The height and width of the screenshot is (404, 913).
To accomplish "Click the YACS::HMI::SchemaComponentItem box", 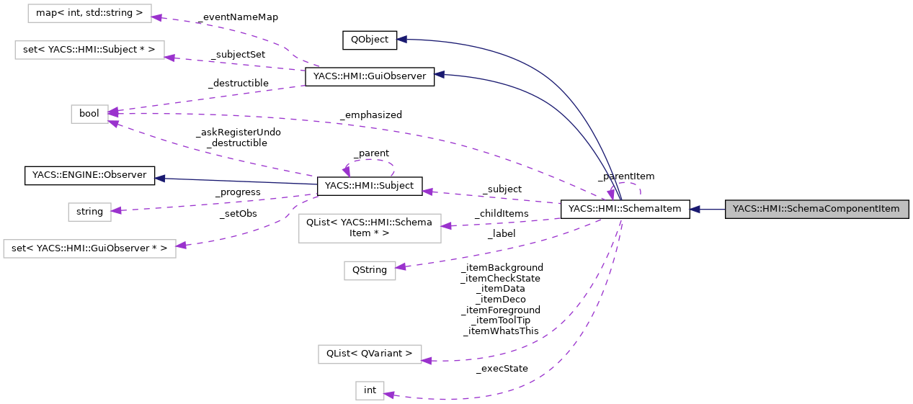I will click(816, 210).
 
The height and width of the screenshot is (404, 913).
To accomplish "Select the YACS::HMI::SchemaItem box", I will click(625, 210).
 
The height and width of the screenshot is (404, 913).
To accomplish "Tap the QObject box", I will click(369, 40).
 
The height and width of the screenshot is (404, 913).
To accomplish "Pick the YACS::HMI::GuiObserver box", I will click(369, 76).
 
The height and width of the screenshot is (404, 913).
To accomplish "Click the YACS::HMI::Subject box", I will click(369, 186).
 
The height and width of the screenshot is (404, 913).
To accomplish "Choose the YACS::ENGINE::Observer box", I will click(89, 175).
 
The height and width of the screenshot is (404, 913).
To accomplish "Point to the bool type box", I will click(89, 114).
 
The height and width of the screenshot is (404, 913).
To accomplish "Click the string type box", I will click(89, 212).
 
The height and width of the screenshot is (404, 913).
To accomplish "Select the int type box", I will click(370, 390).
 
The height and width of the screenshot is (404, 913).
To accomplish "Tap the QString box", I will click(369, 271).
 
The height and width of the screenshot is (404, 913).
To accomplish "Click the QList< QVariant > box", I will click(369, 354).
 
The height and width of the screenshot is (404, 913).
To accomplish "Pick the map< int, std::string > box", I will click(89, 13).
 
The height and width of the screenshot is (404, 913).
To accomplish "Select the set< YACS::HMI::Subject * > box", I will click(89, 50).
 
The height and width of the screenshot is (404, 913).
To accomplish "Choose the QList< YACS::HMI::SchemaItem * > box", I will click(369, 228).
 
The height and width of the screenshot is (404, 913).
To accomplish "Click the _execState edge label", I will click(502, 369).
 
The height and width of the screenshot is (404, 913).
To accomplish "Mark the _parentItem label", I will click(625, 176).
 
